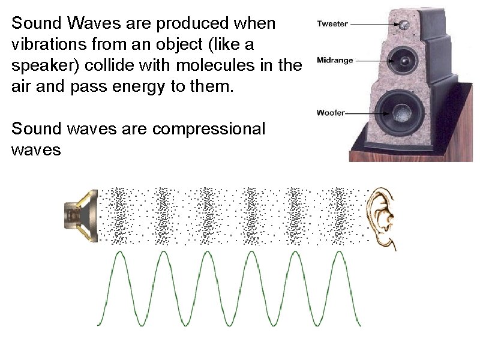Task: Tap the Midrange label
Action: click(334, 60)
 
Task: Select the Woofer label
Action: click(331, 113)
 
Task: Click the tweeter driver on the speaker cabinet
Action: click(405, 25)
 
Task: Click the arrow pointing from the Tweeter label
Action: click(375, 24)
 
